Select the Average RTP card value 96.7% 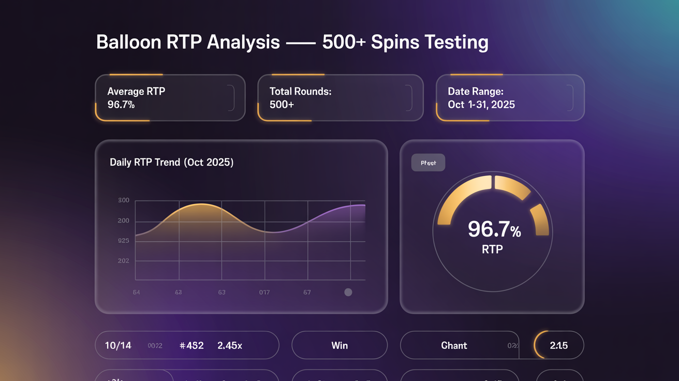pos(121,105)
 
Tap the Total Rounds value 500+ pos(282,105)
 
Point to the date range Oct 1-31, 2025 pos(481,105)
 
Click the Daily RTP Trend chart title pos(171,163)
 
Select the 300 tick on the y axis pos(124,200)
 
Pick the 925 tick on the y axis pos(124,241)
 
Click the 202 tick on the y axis pos(124,261)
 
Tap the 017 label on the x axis pos(264,292)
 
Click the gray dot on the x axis pos(348,292)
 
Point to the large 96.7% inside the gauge pos(494,229)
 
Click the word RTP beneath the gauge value pos(492,250)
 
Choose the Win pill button pos(339,345)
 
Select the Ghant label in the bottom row pos(454,345)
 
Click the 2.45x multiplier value pos(230,345)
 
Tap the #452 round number pos(191,345)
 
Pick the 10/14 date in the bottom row pos(118,345)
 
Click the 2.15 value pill pos(559,345)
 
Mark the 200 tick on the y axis pos(124,221)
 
